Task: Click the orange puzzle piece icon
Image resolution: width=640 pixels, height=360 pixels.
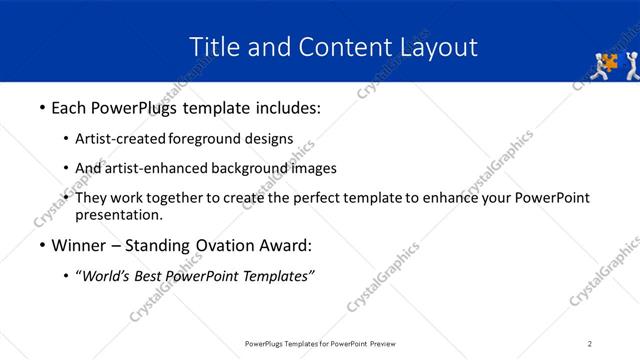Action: click(x=607, y=62)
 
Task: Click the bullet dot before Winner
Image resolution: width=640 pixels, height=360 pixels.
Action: click(x=41, y=246)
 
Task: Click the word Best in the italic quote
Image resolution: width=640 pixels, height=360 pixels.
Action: click(x=153, y=276)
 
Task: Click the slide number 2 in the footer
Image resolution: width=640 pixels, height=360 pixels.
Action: click(x=590, y=344)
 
